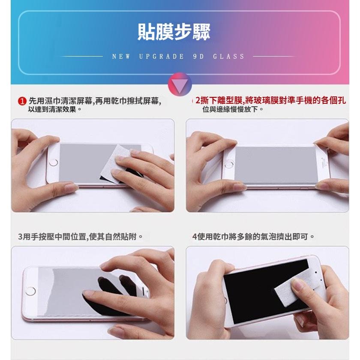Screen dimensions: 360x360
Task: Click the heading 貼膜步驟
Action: tap(174, 32)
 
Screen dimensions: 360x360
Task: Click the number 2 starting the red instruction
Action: tap(198, 101)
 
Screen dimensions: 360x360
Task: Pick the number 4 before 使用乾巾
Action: tap(195, 237)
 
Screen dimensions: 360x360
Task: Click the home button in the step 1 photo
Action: tap(53, 163)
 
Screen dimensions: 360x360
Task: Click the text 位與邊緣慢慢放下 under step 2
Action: tap(234, 110)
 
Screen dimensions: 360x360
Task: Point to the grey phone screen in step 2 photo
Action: tap(274, 165)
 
